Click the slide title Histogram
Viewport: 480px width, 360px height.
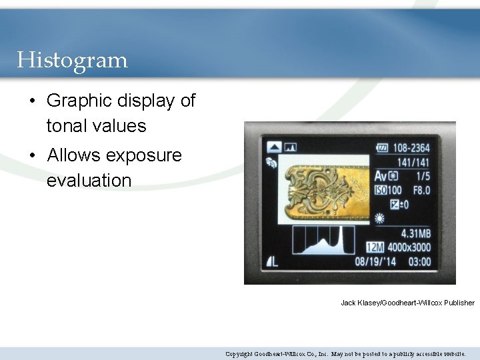click(72, 61)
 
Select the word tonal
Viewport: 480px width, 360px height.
click(69, 126)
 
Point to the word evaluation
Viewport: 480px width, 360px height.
click(89, 180)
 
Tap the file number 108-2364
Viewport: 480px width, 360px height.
click(411, 148)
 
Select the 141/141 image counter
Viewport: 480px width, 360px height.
click(413, 162)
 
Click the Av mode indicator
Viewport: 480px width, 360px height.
click(380, 177)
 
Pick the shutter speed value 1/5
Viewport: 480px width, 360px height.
click(422, 177)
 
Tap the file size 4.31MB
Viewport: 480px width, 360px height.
click(416, 234)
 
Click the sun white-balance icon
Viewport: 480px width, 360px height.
click(380, 218)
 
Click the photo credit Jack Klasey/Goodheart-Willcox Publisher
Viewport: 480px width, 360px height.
click(407, 303)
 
